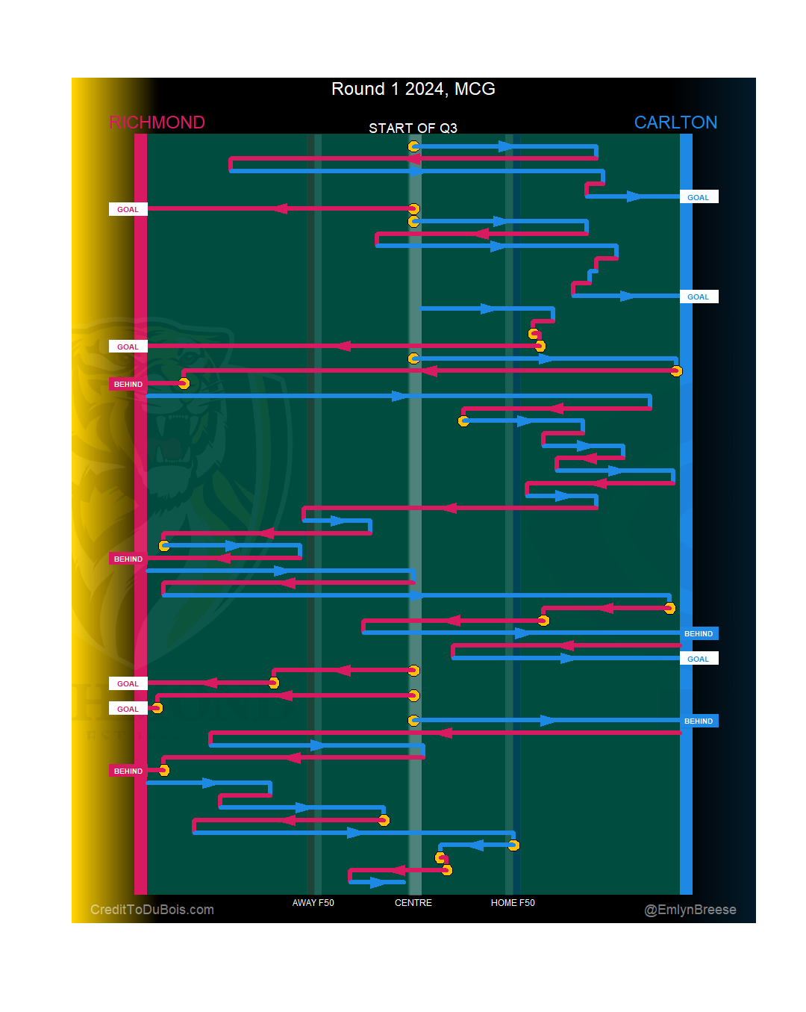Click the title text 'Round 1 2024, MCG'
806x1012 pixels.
point(413,89)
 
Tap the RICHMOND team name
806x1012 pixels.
point(157,122)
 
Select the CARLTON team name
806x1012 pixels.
point(675,122)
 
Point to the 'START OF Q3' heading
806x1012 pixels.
point(413,128)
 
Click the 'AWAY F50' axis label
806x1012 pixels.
point(313,903)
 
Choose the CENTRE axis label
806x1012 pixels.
point(413,903)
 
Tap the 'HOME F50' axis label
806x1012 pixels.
point(513,903)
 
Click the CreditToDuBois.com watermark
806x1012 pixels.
point(152,910)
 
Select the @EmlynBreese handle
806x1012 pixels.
point(690,910)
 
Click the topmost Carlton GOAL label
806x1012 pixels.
point(699,197)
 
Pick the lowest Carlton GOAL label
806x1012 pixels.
point(699,659)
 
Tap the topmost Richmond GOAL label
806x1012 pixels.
point(128,209)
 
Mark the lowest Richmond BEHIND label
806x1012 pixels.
point(128,771)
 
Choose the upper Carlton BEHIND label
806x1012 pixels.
point(699,633)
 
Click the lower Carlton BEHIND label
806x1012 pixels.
point(699,721)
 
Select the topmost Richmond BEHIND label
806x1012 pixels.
point(128,384)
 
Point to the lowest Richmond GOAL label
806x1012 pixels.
point(128,709)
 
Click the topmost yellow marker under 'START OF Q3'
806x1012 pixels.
point(413,146)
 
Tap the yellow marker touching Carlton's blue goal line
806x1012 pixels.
point(676,371)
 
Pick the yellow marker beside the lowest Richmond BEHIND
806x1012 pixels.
point(163,770)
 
